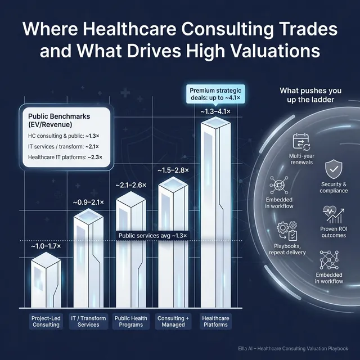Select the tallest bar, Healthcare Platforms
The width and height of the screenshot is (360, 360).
[x=216, y=214]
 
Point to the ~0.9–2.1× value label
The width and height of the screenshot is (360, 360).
[x=89, y=202]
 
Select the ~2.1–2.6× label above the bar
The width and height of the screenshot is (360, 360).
[x=131, y=185]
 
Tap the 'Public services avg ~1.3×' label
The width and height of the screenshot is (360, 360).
[x=151, y=236]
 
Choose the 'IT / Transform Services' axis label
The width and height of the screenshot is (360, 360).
[x=88, y=322]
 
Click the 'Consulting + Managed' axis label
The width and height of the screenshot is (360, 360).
[x=174, y=322]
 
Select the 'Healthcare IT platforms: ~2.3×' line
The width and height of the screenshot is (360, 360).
[x=65, y=157]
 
